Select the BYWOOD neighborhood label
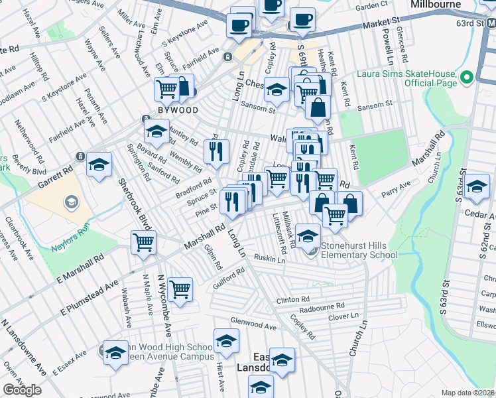[178, 109]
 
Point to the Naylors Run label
[70, 249]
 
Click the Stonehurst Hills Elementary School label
[359, 250]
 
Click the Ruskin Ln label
[269, 259]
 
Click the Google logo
[22, 390]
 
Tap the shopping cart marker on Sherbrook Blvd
[143, 242]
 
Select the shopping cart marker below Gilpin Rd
[180, 289]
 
